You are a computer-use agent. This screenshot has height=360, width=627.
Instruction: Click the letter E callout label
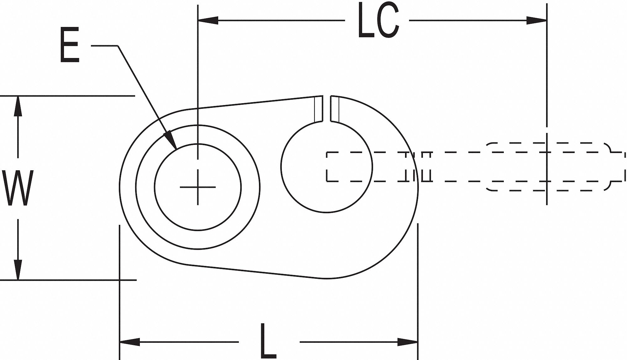coord(69,45)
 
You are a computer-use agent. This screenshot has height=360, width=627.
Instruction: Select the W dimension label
coord(18,188)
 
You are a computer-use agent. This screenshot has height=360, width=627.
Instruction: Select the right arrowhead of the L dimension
coord(408,342)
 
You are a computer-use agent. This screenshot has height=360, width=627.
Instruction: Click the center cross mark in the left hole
coord(198,187)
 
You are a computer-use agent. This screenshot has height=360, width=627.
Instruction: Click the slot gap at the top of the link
coord(327,108)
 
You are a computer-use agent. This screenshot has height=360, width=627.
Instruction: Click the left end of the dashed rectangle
coord(327,167)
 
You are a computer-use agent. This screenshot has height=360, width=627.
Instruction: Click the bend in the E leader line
coord(118,46)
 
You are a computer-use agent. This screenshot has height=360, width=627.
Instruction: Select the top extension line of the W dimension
coord(67,96)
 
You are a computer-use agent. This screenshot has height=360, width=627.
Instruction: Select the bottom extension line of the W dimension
coord(67,280)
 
